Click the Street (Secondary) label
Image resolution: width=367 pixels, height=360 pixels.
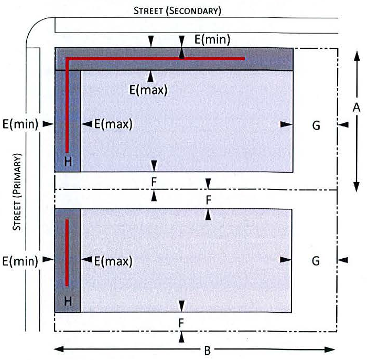click(x=177, y=11)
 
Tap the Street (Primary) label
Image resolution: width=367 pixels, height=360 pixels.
click(x=17, y=192)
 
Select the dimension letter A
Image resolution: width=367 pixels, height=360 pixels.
click(x=356, y=108)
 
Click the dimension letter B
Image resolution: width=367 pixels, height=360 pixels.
click(x=208, y=351)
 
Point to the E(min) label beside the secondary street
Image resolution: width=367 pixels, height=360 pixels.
click(x=212, y=39)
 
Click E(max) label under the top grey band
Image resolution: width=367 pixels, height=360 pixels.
click(x=148, y=90)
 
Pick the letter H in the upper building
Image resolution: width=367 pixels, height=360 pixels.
click(x=68, y=162)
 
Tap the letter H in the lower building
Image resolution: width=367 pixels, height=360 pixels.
click(x=68, y=301)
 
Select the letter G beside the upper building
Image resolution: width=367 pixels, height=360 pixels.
click(x=316, y=125)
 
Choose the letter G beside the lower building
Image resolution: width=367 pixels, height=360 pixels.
click(x=316, y=261)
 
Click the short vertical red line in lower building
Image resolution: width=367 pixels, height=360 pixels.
click(x=67, y=253)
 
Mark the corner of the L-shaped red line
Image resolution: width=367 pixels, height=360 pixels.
click(x=67, y=59)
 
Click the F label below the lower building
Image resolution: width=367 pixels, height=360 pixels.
click(x=181, y=323)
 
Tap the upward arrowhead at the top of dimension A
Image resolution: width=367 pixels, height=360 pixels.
click(x=357, y=56)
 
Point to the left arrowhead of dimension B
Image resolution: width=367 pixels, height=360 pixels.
click(x=59, y=350)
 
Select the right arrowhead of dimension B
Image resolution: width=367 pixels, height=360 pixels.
click(x=330, y=350)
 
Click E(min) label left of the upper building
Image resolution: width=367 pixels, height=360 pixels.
click(x=20, y=124)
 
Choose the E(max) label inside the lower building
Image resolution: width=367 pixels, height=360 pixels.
click(x=113, y=261)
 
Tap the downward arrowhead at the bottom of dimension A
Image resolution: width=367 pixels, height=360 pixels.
click(x=356, y=187)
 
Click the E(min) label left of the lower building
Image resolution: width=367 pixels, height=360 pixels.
click(x=20, y=261)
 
